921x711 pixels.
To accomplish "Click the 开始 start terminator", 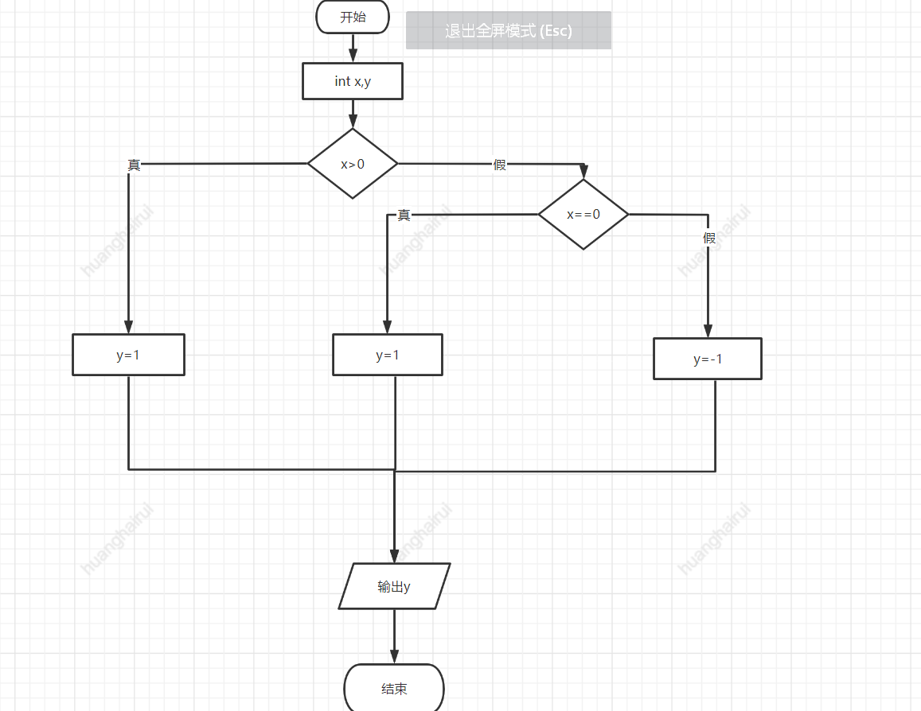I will pos(353,17).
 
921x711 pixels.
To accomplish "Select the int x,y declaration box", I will pos(353,81).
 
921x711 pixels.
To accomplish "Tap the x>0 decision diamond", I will pos(353,164).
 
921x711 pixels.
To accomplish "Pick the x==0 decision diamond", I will pos(583,214).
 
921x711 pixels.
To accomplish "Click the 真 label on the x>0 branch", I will pos(135,165).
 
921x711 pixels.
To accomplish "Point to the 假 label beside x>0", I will pos(500,165).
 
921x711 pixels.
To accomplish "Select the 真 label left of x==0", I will pos(404,215).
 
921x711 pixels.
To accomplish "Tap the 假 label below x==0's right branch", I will pos(708,238).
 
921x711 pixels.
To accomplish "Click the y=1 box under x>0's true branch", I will pos(128,355).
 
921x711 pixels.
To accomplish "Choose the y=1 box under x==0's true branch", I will pos(388,355).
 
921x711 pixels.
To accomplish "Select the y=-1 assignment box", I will pos(708,359).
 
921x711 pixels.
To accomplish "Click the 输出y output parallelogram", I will pos(394,587).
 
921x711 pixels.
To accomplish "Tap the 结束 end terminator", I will pos(394,688).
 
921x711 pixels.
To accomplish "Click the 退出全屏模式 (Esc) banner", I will pos(509,31).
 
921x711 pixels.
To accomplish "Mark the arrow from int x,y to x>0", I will pos(353,113).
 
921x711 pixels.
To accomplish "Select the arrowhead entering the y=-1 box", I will pos(708,332).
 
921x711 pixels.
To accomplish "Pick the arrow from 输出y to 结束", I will pos(394,636).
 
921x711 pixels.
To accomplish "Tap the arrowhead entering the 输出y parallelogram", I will pos(394,556).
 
